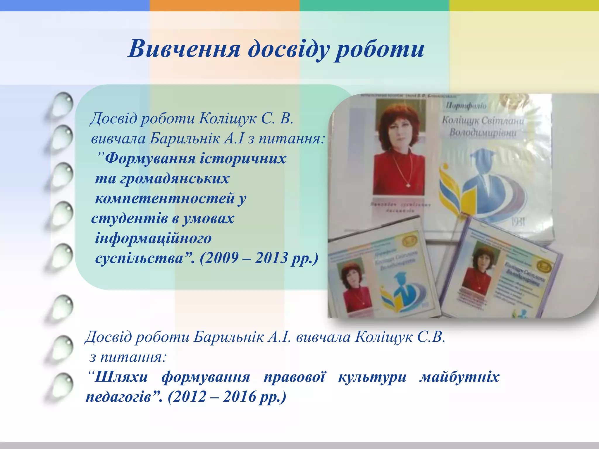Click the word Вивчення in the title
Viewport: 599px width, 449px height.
coord(184,49)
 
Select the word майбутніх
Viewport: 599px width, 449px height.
coord(459,377)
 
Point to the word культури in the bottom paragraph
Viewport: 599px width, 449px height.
coord(372,377)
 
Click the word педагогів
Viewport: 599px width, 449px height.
coord(118,397)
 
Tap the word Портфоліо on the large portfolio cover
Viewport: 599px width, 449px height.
coord(466,105)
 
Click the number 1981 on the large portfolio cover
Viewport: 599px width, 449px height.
coord(518,222)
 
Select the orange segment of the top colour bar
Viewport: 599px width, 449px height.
coord(224,5)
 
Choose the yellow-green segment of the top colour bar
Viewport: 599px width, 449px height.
coord(524,5)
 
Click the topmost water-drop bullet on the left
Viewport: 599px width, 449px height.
coord(63,104)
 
